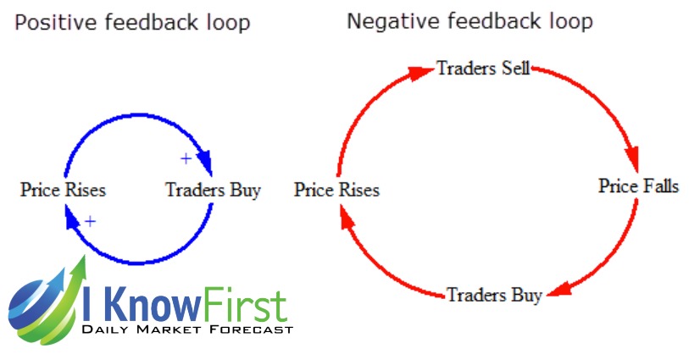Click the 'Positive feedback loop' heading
pos(132,23)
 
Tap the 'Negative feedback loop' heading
pos(470,21)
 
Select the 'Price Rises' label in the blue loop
pos(64,190)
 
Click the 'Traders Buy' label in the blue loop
pos(213,191)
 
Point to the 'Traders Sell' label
pos(483,69)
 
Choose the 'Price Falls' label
pos(638,186)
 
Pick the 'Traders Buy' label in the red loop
pos(494,295)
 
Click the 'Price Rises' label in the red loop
pos(337,190)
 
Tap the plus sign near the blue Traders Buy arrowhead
pos(186,158)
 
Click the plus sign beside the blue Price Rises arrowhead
pos(90,221)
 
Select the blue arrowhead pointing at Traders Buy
pos(205,162)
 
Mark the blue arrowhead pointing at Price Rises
pos(71,218)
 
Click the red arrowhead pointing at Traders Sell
pos(420,73)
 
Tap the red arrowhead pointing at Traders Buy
pos(559,290)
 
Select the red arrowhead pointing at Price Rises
pos(347,217)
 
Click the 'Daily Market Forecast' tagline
pos(187,330)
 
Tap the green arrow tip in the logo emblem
pos(84,256)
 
